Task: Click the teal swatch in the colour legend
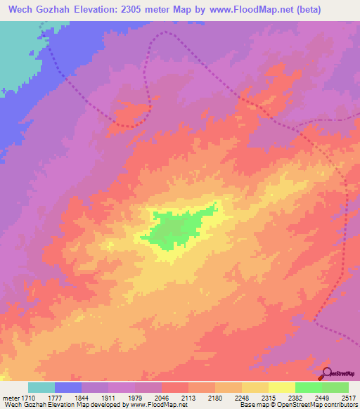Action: pyautogui.click(x=41, y=387)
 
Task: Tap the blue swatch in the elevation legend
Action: pyautogui.click(x=68, y=387)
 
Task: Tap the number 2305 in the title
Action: pyautogui.click(x=153, y=10)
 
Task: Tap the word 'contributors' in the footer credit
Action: pyautogui.click(x=340, y=404)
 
